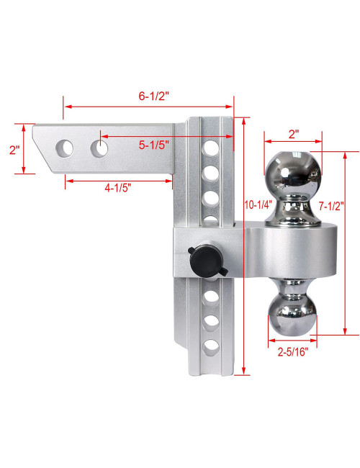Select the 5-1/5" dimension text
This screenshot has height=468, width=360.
tap(153, 144)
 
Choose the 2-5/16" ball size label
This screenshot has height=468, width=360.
tap(293, 353)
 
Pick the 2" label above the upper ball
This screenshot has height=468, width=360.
tap(293, 134)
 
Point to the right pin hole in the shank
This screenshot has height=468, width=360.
tap(99, 148)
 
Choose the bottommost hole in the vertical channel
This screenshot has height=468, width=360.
tap(211, 347)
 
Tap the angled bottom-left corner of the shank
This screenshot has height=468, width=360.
tap(45, 163)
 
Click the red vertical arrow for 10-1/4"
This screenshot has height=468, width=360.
tap(245, 288)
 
